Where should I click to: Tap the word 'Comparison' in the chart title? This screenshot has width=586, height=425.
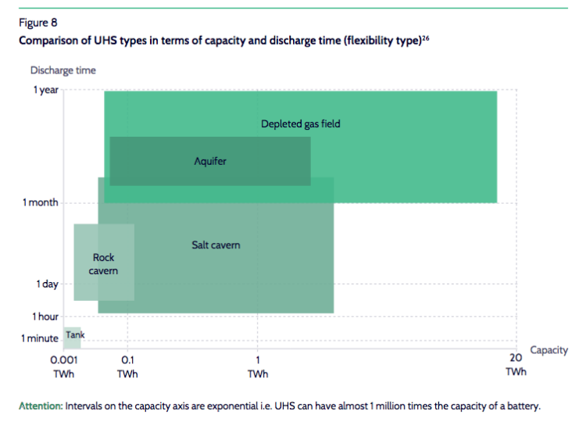[48, 41]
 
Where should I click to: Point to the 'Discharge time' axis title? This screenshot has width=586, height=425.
[63, 70]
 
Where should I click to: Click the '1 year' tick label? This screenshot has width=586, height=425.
[45, 91]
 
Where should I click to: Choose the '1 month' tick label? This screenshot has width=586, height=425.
[41, 203]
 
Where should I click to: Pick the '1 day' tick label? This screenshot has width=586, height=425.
[47, 284]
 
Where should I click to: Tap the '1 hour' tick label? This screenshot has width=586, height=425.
[45, 316]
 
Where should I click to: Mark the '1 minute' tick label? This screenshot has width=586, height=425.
[40, 338]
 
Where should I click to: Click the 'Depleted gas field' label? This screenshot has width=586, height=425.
[301, 123]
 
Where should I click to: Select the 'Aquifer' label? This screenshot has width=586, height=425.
[209, 161]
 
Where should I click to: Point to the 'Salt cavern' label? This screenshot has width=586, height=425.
[216, 245]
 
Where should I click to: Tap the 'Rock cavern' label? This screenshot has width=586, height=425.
[104, 264]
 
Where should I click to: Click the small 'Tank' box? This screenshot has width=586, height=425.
[73, 337]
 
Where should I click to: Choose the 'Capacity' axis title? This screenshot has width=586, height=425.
[548, 350]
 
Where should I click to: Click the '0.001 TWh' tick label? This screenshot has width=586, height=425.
[63, 366]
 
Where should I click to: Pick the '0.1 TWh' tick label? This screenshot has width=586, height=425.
[128, 366]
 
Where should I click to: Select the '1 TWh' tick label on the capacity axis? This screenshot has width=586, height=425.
[258, 366]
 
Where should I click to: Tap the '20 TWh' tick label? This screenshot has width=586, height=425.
[516, 364]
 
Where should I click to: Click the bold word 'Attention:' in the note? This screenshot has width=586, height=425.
[41, 406]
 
